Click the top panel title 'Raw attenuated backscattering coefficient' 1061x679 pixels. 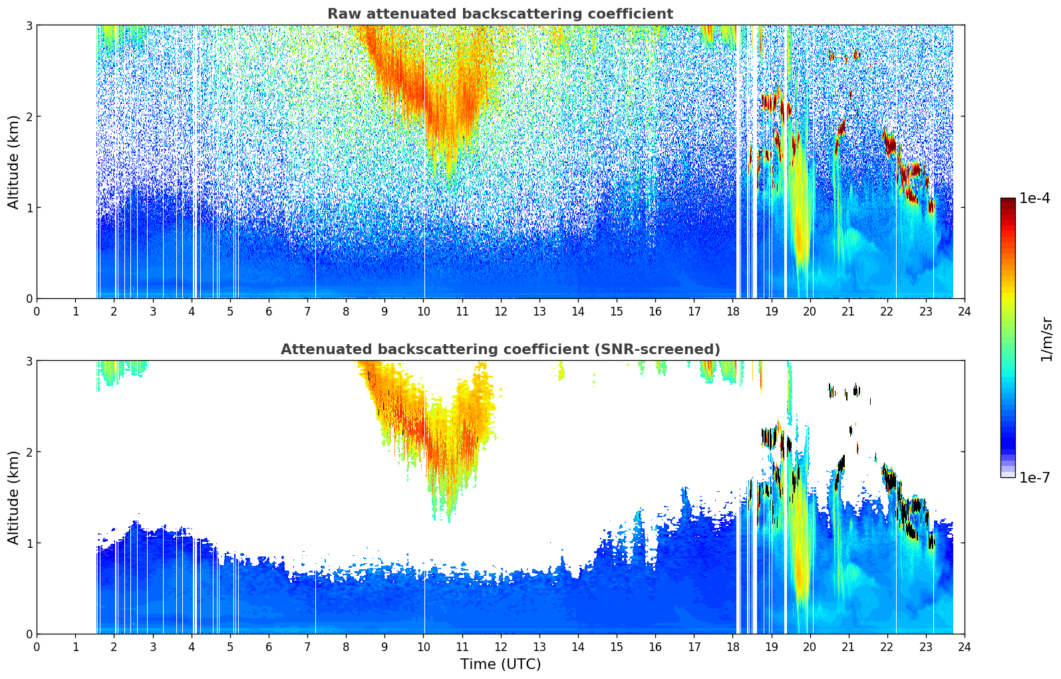500,14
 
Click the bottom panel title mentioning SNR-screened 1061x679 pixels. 500,349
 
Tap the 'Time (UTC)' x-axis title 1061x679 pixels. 500,664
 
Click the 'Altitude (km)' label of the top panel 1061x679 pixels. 13,162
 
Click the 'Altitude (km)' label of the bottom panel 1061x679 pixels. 13,497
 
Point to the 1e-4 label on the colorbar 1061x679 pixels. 1034,198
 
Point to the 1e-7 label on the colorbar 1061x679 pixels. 1034,477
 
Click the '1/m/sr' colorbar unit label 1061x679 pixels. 1046,339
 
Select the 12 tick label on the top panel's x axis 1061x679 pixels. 500,311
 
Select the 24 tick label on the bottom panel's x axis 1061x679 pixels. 964,646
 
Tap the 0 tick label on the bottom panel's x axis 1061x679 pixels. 37,646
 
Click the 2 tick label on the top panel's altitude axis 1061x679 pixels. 29,116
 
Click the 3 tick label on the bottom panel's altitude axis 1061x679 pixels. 29,361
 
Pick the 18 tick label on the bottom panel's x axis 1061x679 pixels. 732,646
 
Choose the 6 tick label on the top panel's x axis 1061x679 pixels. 269,311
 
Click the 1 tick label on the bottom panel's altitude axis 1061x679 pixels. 29,543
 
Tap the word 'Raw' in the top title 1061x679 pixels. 341,14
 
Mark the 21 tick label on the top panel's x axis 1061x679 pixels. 848,311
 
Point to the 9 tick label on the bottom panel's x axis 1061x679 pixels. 384,646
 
